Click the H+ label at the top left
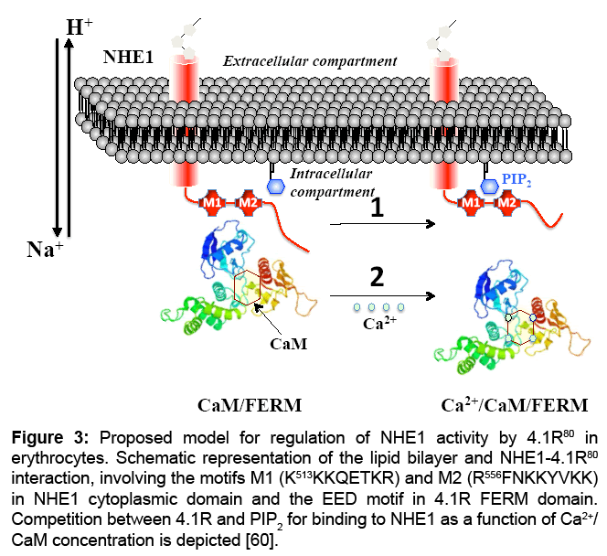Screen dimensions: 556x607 tap(80, 27)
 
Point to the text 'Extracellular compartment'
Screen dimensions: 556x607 tap(311, 61)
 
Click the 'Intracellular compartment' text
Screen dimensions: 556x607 tap(332, 181)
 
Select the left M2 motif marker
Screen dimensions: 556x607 tap(246, 200)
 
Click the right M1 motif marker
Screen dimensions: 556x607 tap(472, 200)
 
